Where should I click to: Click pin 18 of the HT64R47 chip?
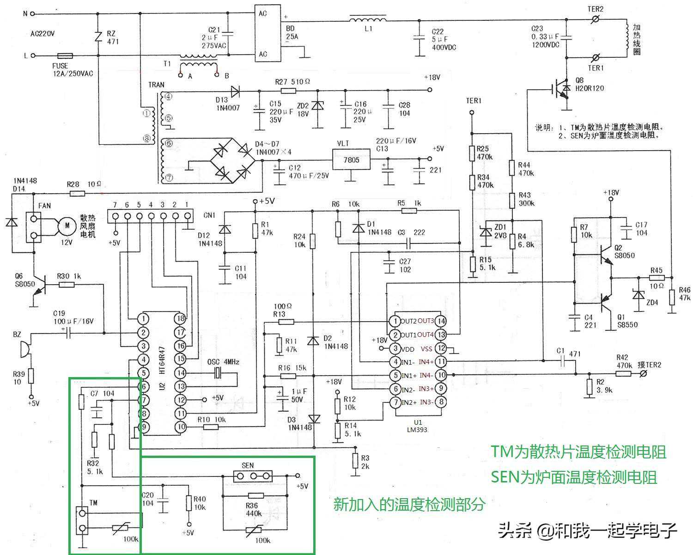coord(181,318)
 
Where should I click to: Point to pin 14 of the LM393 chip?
coord(441,321)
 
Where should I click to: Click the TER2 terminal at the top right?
coord(596,19)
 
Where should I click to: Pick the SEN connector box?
coord(253,476)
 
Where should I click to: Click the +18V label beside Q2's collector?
coord(611,192)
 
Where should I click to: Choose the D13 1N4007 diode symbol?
coord(235,91)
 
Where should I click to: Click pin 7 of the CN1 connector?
coord(115,216)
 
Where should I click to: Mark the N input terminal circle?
coord(32,14)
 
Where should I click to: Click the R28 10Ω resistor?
coord(77,194)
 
